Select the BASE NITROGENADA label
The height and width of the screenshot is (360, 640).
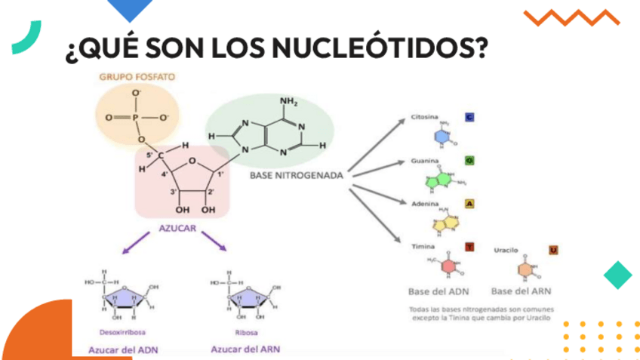tap(296, 175)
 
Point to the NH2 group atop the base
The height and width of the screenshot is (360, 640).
tap(288, 102)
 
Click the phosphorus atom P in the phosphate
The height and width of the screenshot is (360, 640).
tap(136, 118)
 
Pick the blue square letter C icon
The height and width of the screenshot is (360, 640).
tap(469, 118)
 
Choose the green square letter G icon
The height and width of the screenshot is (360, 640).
tap(469, 161)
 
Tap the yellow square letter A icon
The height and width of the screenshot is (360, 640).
tap(469, 204)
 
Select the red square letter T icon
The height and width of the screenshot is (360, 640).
tap(469, 247)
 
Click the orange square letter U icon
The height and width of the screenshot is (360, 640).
tap(553, 250)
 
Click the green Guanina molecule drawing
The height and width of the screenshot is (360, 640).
tap(442, 180)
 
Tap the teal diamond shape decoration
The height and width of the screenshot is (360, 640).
tap(618, 275)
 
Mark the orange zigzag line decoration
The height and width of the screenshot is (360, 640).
tap(571, 17)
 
